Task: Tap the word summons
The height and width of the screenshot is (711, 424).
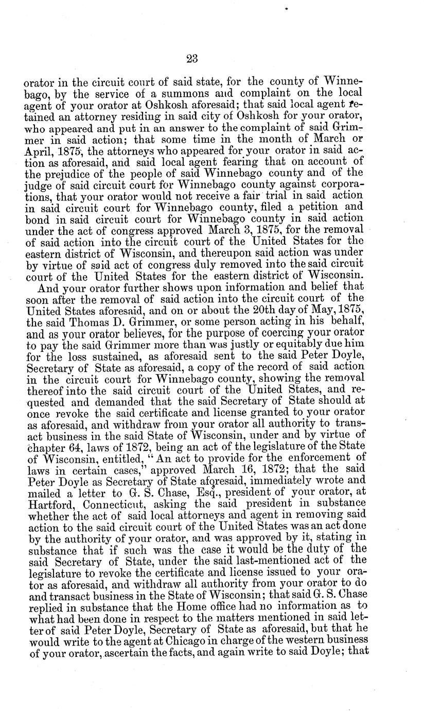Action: tap(187, 94)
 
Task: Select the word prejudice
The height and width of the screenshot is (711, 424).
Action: tap(72, 173)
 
